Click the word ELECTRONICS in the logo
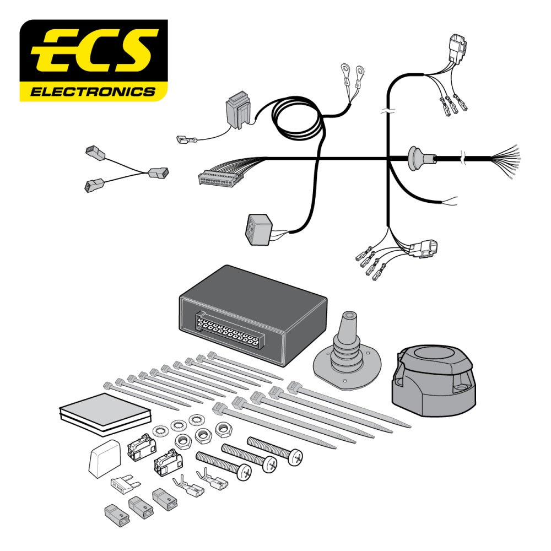(93, 91)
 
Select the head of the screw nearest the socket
(296, 456)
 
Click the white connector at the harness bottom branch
(425, 249)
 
